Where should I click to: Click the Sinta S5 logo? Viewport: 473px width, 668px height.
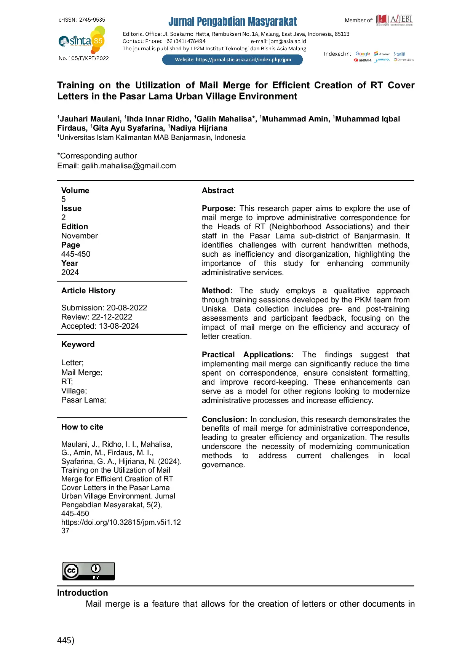(82, 40)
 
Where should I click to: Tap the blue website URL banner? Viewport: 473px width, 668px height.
(232, 60)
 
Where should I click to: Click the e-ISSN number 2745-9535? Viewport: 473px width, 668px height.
(92, 20)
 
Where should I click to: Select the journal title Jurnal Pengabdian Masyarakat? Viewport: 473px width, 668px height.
(232, 21)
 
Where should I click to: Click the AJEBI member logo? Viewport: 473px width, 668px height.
(394, 20)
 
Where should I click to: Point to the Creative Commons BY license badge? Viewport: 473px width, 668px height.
(88, 571)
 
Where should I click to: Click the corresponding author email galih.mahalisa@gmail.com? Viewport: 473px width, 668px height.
(128, 166)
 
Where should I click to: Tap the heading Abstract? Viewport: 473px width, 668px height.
(217, 190)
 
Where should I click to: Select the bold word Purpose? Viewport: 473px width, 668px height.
(219, 209)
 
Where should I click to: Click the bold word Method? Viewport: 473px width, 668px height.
(217, 291)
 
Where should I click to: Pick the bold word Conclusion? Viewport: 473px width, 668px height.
(224, 419)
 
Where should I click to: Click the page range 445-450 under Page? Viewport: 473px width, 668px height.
(76, 254)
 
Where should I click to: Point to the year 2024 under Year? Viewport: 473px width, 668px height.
(70, 272)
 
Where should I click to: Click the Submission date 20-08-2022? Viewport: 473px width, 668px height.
(127, 308)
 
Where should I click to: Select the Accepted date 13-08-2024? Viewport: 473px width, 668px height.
(119, 326)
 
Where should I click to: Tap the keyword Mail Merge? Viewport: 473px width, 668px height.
(82, 372)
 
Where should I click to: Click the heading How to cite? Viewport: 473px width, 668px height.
(82, 427)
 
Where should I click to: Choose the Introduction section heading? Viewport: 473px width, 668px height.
(82, 593)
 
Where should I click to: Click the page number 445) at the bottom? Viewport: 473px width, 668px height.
(66, 640)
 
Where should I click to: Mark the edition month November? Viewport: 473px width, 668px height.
(80, 236)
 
